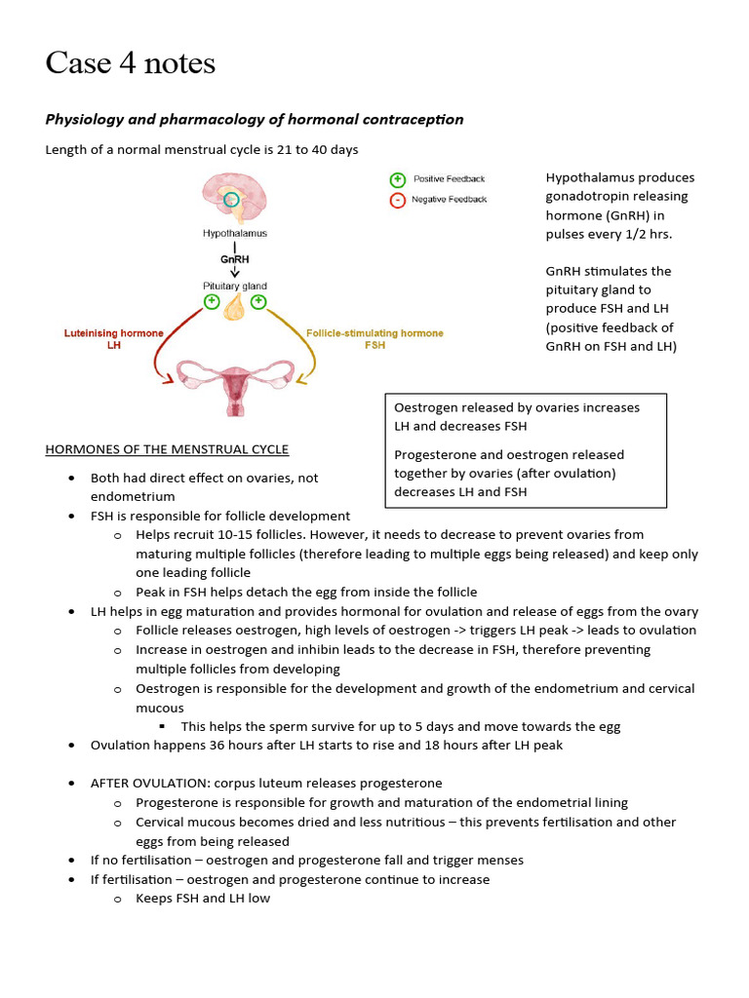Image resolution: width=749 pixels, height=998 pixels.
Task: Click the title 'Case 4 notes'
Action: click(x=130, y=64)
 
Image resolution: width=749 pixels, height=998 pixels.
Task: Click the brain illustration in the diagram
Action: click(x=233, y=198)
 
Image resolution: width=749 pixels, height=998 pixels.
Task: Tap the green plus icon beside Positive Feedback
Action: click(x=397, y=179)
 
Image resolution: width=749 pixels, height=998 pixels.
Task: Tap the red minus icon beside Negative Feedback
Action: click(x=397, y=200)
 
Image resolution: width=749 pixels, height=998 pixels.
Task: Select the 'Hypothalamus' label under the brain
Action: click(x=234, y=234)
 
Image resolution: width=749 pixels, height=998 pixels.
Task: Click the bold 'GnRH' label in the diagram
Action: click(x=234, y=260)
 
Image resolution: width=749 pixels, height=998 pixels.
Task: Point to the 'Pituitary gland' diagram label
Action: click(x=234, y=286)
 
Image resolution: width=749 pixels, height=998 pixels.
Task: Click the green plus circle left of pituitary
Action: click(x=212, y=302)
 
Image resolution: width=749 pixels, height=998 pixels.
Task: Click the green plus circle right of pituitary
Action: click(x=258, y=302)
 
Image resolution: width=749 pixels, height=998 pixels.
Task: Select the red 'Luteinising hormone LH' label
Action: click(x=113, y=339)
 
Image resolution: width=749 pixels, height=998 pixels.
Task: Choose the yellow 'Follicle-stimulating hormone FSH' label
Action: click(x=374, y=339)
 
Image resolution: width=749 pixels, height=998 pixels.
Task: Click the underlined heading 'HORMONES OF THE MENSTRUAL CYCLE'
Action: click(x=167, y=449)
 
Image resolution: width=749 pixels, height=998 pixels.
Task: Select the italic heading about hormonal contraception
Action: click(x=255, y=119)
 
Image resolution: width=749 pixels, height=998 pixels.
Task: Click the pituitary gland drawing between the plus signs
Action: click(x=234, y=308)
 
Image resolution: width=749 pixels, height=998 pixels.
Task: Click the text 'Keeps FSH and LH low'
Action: click(x=203, y=899)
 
